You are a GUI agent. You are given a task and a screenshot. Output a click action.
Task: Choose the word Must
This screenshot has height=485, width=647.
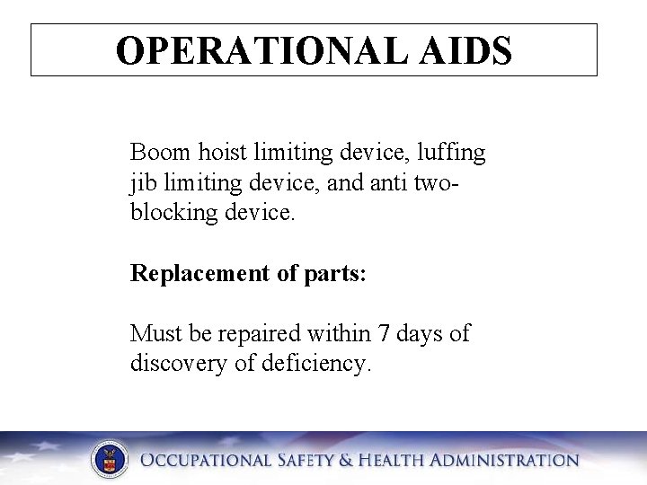155,334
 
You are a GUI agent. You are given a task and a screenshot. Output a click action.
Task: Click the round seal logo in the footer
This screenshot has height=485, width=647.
110,460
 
